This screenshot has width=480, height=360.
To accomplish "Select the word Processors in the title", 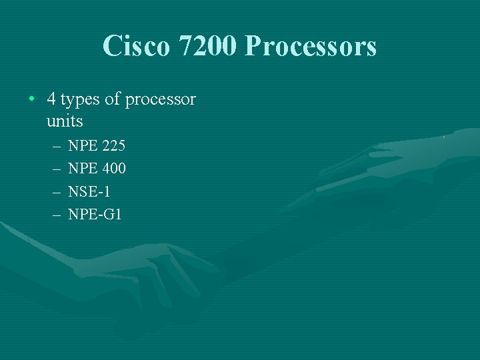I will coord(311,46).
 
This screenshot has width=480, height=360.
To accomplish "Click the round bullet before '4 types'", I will coord(32,100).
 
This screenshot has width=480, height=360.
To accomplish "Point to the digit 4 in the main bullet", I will coord(51,100).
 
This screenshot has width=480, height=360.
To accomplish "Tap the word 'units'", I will coord(65,121).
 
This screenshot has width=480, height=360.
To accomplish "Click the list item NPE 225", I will coord(97,145).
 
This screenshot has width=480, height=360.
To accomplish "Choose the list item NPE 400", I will coord(97,169).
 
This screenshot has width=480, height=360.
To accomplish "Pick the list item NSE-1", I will coord(89,191).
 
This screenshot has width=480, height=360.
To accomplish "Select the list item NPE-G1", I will coord(95,215).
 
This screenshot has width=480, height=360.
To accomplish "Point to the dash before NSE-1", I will coord(54,192).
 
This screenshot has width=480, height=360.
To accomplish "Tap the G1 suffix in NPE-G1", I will coord(113,215).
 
